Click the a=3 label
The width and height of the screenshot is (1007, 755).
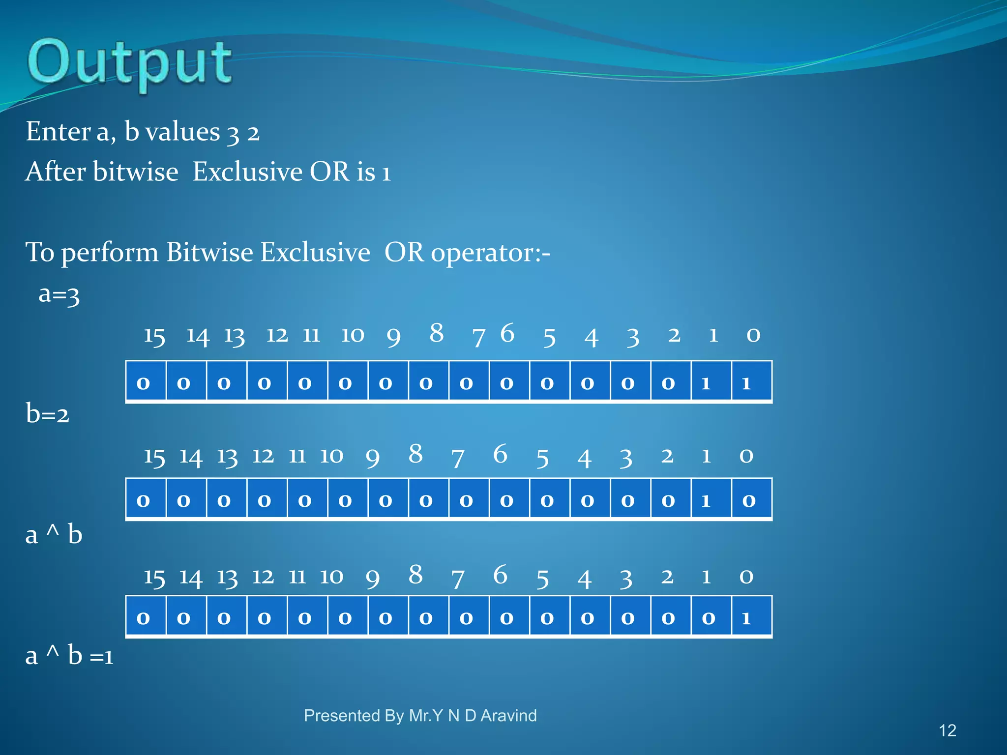(59, 294)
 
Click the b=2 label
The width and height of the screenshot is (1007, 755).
(47, 414)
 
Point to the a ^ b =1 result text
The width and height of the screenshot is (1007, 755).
(69, 656)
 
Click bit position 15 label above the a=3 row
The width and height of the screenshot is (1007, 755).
(154, 337)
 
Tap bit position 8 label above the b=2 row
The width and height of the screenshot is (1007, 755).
(415, 454)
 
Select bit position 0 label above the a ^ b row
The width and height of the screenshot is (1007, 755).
(746, 576)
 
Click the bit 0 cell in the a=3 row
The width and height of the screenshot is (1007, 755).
(751, 382)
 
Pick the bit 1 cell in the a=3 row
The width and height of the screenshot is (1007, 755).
(711, 382)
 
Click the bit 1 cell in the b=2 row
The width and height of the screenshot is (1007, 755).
(711, 499)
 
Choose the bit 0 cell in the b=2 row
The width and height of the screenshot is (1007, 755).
(751, 499)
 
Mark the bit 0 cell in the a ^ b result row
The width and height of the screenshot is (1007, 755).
(751, 617)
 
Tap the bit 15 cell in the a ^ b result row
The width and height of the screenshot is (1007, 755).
(146, 617)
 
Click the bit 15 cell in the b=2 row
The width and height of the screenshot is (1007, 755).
(146, 499)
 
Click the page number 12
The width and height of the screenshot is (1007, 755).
(947, 730)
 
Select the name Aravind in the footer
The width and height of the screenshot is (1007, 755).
(508, 716)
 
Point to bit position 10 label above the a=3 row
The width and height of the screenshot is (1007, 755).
(352, 335)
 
